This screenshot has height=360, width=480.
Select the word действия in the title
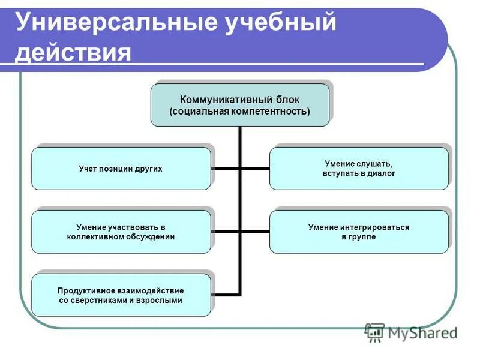pos(73,52)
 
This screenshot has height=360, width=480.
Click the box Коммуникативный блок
pos(239,105)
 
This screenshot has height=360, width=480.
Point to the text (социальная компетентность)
pos(239,112)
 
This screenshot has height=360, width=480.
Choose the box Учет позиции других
pos(121,169)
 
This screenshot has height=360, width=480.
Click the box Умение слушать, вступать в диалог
pos(358,169)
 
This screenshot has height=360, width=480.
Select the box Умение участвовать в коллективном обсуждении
pos(121,232)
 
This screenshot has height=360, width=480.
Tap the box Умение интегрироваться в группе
pos(358,232)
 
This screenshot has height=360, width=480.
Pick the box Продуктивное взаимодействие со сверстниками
pos(121,295)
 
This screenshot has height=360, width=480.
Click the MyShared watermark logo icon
pos(375,332)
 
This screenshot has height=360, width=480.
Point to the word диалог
pos(382,173)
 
